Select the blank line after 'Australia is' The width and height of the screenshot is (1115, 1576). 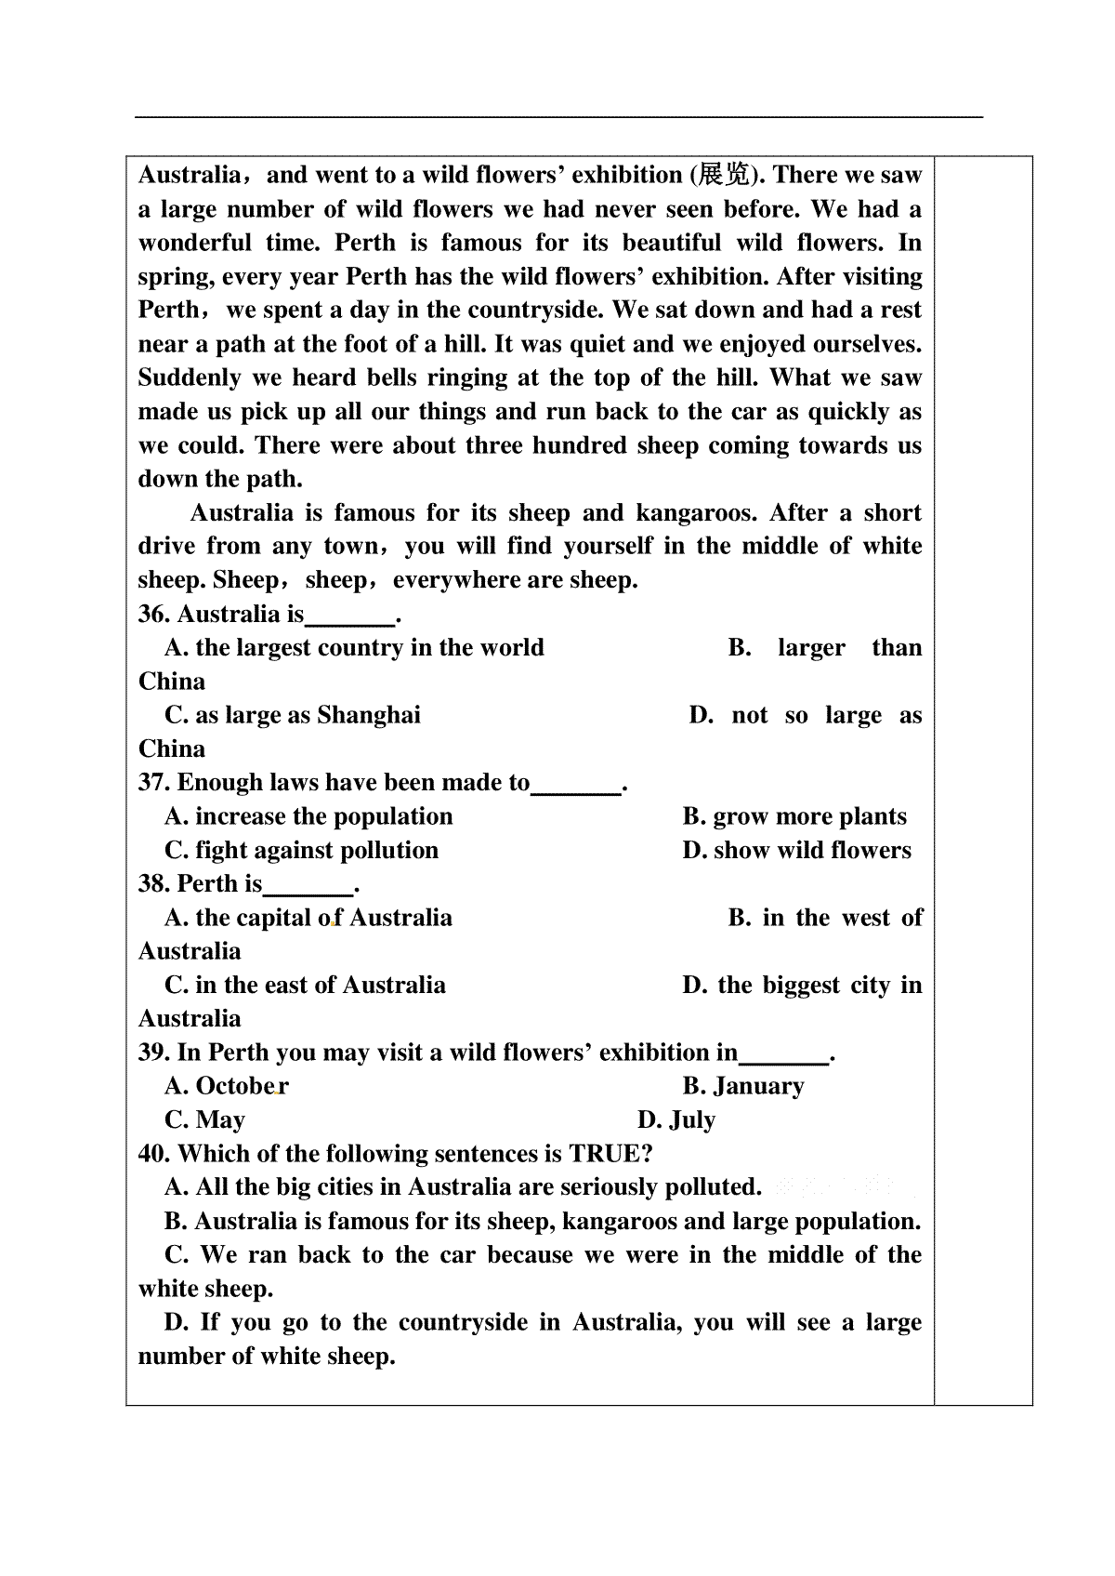350,617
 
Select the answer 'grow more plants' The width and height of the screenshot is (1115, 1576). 809,816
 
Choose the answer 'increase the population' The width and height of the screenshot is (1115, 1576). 323,816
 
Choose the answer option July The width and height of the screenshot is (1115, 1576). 691,1120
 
